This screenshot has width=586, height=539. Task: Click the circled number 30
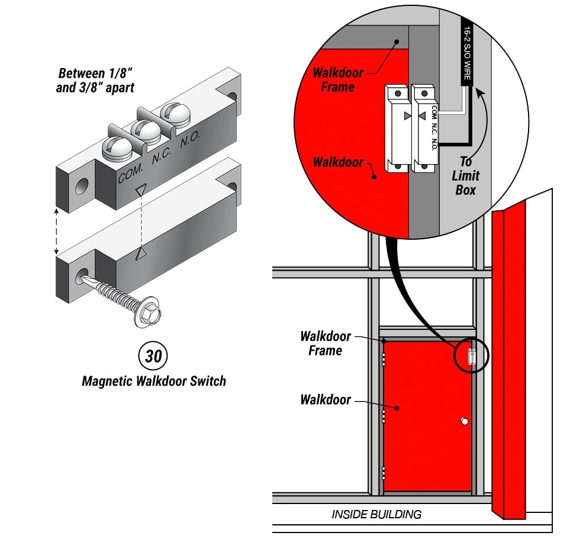(x=153, y=356)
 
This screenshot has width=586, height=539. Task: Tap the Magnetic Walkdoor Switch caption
(x=153, y=381)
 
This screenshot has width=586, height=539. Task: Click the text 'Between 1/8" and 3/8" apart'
(x=96, y=81)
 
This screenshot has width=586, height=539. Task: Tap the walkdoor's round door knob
(x=464, y=421)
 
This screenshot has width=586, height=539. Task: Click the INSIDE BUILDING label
(x=376, y=514)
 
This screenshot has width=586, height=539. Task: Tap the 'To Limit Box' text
(x=466, y=176)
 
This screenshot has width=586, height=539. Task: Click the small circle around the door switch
(x=472, y=357)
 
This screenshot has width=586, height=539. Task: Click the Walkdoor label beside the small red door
(x=325, y=400)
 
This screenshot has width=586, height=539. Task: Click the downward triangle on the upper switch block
(x=140, y=190)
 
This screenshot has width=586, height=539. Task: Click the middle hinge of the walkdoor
(x=384, y=416)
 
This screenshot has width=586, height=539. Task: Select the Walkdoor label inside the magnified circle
(x=338, y=162)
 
